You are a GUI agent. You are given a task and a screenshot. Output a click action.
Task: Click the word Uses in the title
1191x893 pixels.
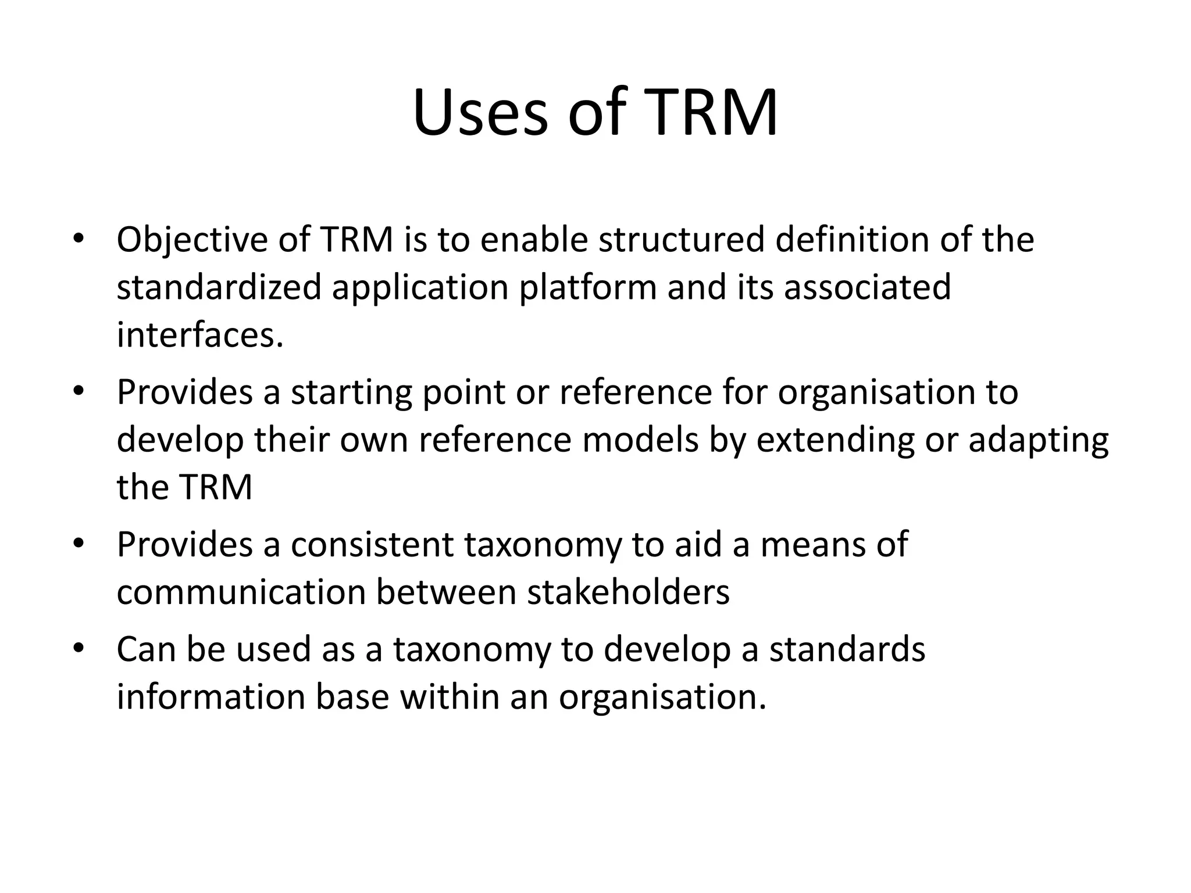[480, 113]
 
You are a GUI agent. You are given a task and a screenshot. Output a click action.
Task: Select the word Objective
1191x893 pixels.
[192, 240]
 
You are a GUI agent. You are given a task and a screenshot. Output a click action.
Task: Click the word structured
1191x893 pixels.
[681, 240]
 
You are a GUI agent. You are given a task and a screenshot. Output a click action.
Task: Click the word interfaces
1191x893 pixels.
[200, 335]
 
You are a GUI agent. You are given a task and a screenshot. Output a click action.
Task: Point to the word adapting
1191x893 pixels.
[1039, 440]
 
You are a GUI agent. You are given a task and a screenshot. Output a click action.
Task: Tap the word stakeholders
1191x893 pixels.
[628, 592]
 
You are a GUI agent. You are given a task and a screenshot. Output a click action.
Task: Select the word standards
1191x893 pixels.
[847, 649]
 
